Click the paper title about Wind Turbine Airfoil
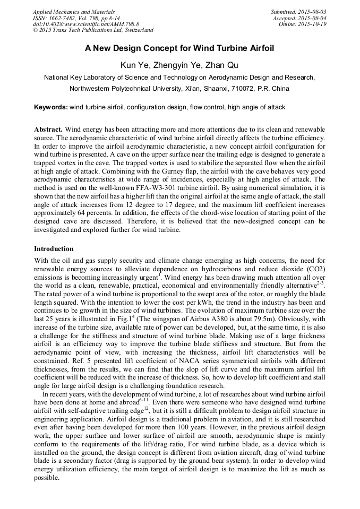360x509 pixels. [179, 48]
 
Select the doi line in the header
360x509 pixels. [85, 24]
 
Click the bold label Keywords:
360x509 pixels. [51, 107]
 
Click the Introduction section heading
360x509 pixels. [54, 249]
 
